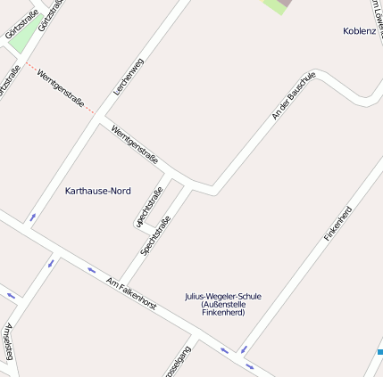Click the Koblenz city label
point(359,31)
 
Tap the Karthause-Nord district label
point(98,192)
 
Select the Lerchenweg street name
point(129,78)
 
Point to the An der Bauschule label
point(294,96)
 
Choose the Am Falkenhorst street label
point(131,293)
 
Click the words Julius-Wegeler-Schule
point(223,296)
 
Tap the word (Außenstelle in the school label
point(223,305)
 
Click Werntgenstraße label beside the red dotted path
point(62,89)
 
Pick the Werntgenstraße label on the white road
point(135,144)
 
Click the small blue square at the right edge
point(379,352)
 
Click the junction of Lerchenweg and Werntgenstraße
point(104,119)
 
